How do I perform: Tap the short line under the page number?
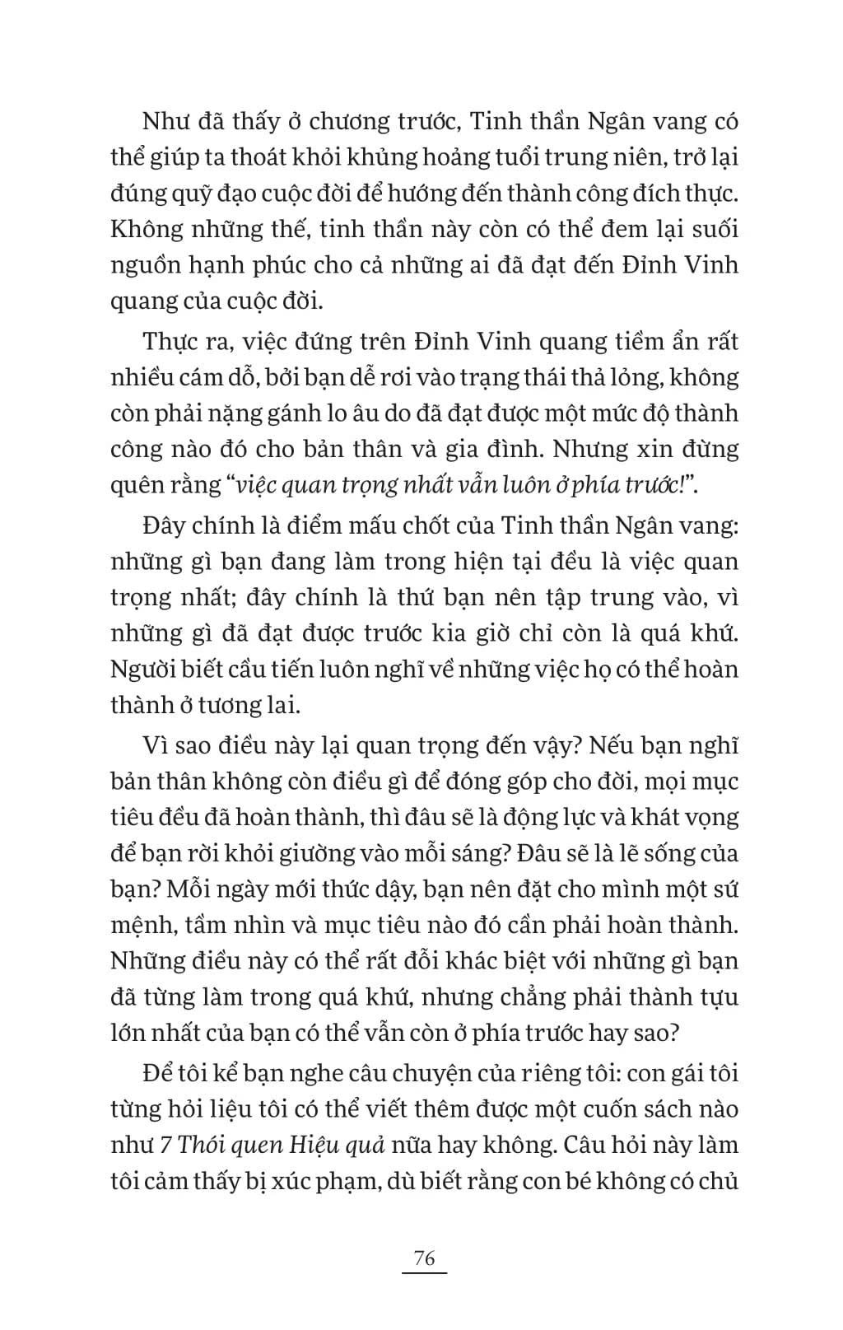tap(424, 1274)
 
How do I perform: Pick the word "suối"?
tap(710, 229)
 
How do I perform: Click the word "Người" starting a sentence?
tap(141, 669)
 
